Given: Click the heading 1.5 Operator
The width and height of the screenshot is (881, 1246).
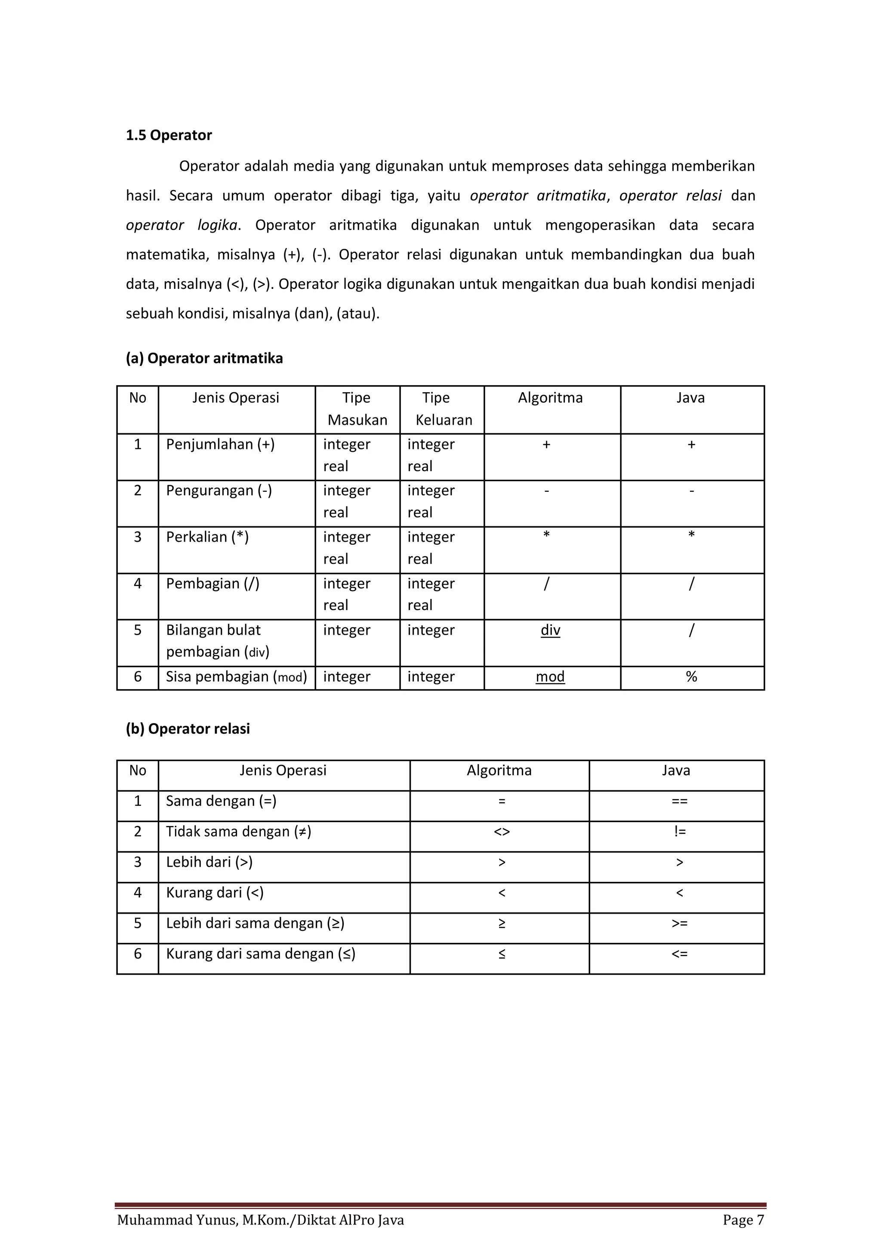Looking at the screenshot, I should (x=169, y=135).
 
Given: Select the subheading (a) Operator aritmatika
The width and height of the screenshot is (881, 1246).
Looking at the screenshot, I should (x=204, y=358).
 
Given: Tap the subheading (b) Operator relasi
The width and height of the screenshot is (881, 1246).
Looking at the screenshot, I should (x=188, y=728).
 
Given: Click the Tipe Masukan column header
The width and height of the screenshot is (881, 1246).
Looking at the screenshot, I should (x=357, y=408).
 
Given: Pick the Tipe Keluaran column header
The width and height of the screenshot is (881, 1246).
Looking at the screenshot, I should (x=442, y=408).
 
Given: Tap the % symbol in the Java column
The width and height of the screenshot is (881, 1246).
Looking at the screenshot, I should (x=691, y=676).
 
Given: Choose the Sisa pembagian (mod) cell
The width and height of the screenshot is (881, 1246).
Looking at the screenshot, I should (x=236, y=676).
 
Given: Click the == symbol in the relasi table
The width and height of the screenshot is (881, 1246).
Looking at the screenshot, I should (x=679, y=801).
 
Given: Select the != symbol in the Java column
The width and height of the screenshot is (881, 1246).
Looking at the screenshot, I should (x=679, y=832).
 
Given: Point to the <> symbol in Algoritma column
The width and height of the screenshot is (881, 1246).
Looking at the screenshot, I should (x=502, y=832).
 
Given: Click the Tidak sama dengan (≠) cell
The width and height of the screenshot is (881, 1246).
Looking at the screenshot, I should (x=239, y=832).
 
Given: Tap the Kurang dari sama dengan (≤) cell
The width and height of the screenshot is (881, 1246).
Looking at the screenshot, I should (x=261, y=954).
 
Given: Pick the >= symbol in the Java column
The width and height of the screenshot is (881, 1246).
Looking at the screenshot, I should (x=679, y=923).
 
